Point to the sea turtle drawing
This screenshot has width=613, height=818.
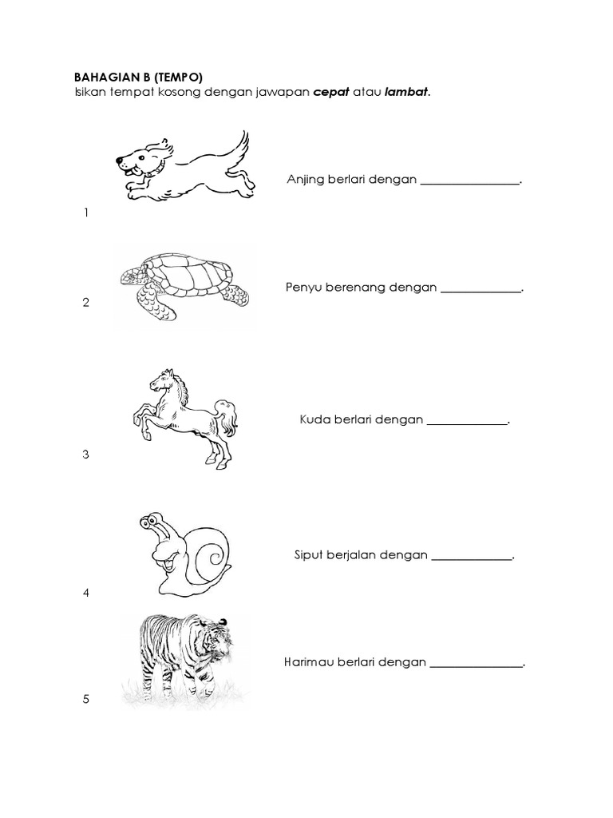coord(184,284)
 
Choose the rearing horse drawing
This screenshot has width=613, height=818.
coord(184,415)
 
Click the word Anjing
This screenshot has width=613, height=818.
coord(304,180)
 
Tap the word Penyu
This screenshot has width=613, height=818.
coord(303,288)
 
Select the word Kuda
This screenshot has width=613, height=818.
coord(314,419)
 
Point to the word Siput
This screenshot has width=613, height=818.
coord(310,555)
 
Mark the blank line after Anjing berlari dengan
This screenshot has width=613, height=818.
coord(469,183)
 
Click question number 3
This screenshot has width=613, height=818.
coord(85,455)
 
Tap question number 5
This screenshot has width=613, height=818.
coord(85,700)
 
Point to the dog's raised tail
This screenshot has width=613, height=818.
coord(238,145)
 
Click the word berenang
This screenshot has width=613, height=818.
coord(354,288)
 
